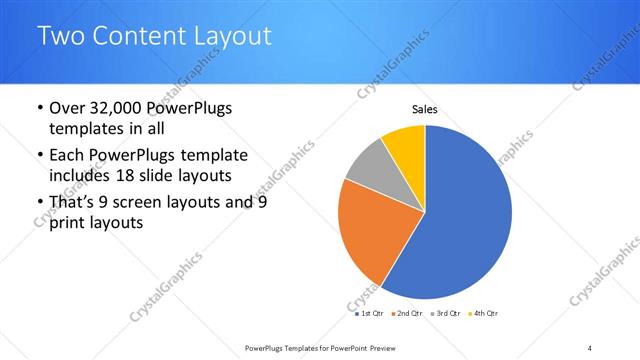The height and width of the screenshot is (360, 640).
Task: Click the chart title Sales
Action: coord(426,110)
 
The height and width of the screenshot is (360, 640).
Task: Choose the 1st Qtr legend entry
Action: coord(370,313)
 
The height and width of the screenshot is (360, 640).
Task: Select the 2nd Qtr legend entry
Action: coord(408,313)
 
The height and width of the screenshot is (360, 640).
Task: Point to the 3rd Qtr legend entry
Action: coord(446,313)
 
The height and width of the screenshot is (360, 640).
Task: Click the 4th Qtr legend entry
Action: coord(484,313)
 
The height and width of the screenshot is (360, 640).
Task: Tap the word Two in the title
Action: coord(61,36)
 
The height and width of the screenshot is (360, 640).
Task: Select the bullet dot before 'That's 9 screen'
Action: coord(38,203)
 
